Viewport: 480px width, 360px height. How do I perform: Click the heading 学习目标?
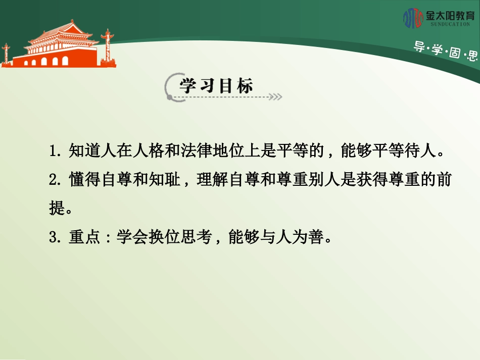coord(216,86)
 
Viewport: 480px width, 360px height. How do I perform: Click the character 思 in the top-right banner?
coord(472,55)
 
